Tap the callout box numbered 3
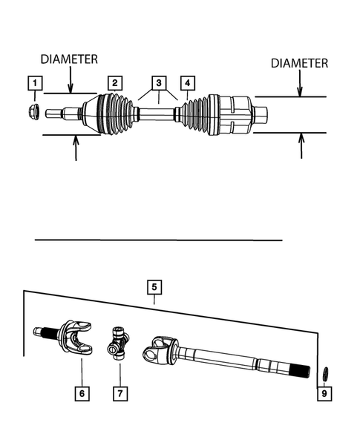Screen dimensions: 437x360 pos(157,82)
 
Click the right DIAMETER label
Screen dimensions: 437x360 pos(299,64)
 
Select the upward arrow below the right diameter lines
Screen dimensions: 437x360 pos(301,145)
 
